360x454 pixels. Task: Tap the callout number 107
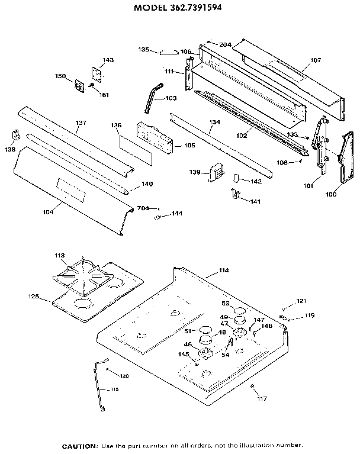[314, 60]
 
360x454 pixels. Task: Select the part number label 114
[223, 271]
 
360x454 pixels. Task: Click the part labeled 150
[78, 85]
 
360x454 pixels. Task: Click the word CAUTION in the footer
[80, 445]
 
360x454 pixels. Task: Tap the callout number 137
[81, 123]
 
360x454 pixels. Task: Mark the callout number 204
[224, 44]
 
